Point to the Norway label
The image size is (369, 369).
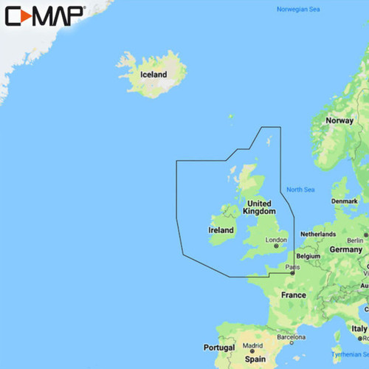pyautogui.click(x=339, y=120)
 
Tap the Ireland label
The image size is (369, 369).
pyautogui.click(x=221, y=230)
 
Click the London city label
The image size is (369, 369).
pyautogui.click(x=276, y=240)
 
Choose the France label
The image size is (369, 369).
pyautogui.click(x=293, y=295)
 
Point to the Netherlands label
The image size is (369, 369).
pyautogui.click(x=318, y=234)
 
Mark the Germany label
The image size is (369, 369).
pyautogui.click(x=345, y=250)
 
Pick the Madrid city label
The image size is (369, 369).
pyautogui.click(x=252, y=346)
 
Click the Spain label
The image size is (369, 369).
pyautogui.click(x=255, y=359)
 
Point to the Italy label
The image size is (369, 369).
pyautogui.click(x=359, y=328)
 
